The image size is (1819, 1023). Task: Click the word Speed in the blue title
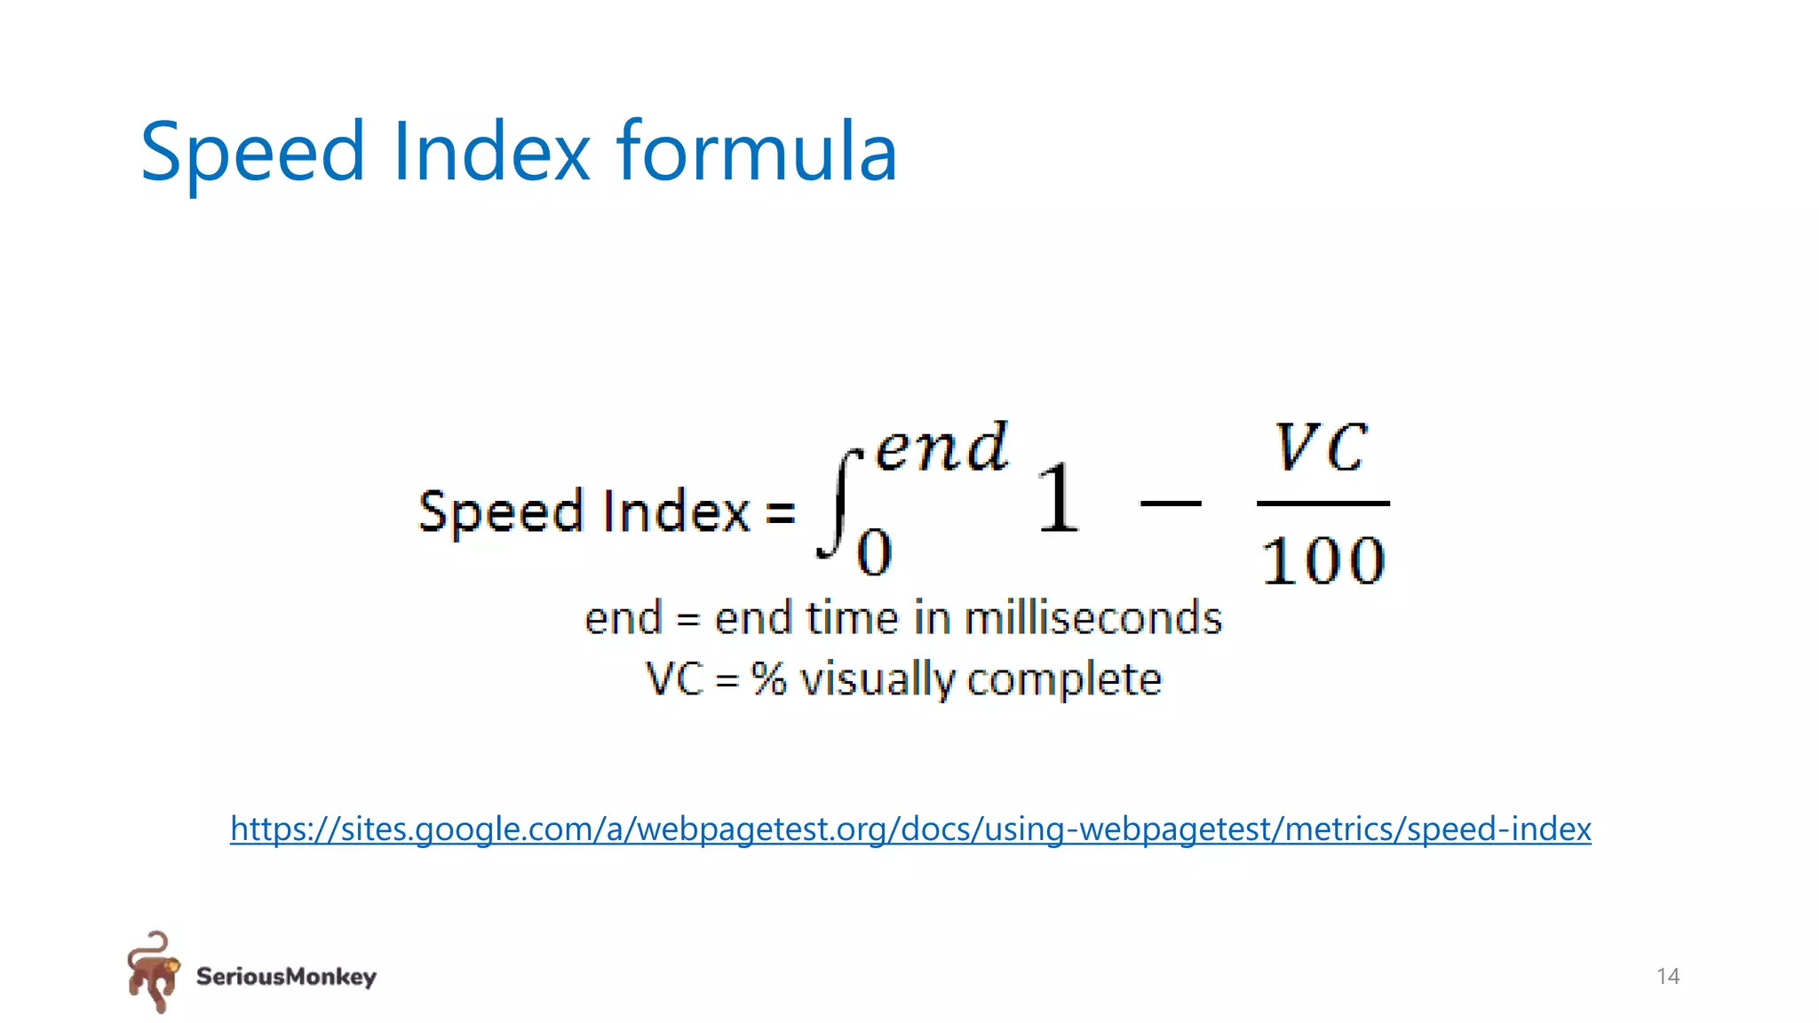pyautogui.click(x=252, y=153)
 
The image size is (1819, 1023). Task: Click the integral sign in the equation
pyautogui.click(x=838, y=505)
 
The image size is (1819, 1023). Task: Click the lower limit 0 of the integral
pyautogui.click(x=874, y=552)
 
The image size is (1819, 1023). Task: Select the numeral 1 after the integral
pyautogui.click(x=1058, y=499)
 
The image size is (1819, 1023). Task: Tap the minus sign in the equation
pyautogui.click(x=1170, y=504)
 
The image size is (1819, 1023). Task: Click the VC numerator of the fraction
pyautogui.click(x=1321, y=448)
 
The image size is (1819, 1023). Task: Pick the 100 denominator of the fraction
pyautogui.click(x=1323, y=561)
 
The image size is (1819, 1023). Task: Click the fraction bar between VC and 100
pyautogui.click(x=1323, y=504)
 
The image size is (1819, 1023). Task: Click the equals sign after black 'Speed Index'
pyautogui.click(x=780, y=512)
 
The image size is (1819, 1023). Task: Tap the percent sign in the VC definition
pyautogui.click(x=768, y=679)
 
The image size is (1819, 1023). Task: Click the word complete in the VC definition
pyautogui.click(x=1064, y=680)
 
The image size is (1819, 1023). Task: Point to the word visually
pyautogui.click(x=877, y=680)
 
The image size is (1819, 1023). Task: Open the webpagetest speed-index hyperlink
pyautogui.click(x=910, y=829)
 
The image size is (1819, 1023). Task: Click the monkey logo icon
pyautogui.click(x=153, y=971)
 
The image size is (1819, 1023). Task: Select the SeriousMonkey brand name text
pyautogui.click(x=286, y=977)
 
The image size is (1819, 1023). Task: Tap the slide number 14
pyautogui.click(x=1667, y=977)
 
